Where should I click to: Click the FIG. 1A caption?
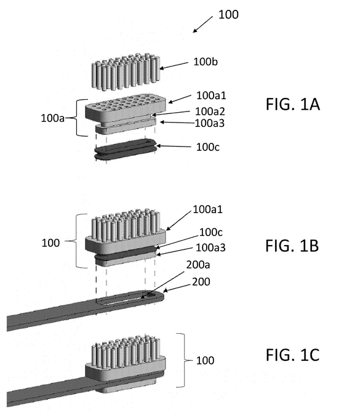coord(293,104)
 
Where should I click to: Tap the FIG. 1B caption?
coord(292,246)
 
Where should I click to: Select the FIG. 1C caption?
coord(292,355)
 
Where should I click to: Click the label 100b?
coord(206,62)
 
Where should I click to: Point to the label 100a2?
coord(210,111)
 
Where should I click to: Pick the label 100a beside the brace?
coord(52,118)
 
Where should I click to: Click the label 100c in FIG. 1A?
coord(208,147)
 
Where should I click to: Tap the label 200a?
coord(198,265)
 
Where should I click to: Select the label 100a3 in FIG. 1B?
coord(210,248)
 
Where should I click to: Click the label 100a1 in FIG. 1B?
coord(208,209)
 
